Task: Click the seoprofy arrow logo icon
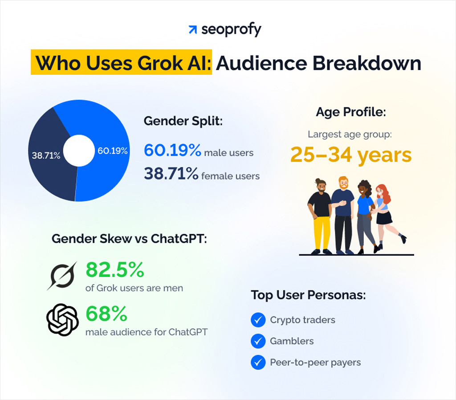[x=192, y=30]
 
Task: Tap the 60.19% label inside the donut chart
[x=113, y=151]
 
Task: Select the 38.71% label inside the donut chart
[x=46, y=156]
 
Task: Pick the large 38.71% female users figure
[x=171, y=174]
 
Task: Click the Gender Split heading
[x=183, y=122]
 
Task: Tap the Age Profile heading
[x=351, y=113]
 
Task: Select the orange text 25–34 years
[x=351, y=155]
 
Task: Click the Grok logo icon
[x=62, y=275]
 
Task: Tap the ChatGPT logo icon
[x=62, y=319]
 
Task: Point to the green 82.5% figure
[x=114, y=270]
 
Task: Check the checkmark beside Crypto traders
[x=258, y=320]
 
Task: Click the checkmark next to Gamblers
[x=258, y=341]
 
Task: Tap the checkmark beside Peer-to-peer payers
[x=258, y=362]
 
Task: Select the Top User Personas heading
[x=308, y=295]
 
